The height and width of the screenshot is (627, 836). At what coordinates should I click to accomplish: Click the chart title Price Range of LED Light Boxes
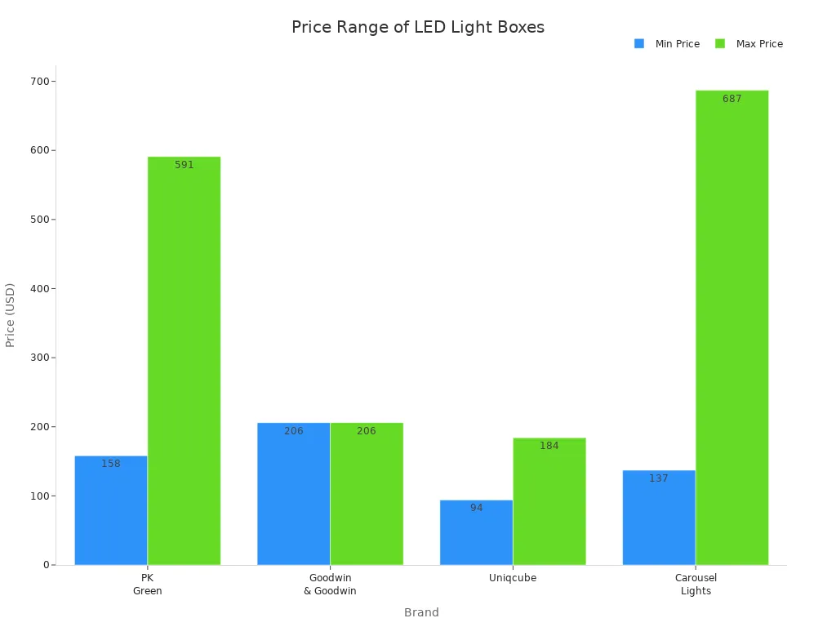418,27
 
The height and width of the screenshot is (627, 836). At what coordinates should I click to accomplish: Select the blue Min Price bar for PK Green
111,510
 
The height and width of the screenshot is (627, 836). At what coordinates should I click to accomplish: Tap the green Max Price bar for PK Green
184,360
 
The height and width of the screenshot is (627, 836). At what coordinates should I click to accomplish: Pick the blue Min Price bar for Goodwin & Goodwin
294,493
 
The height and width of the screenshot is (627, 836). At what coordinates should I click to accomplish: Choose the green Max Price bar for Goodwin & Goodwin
367,493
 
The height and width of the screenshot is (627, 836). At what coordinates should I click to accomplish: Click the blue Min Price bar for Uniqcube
476,532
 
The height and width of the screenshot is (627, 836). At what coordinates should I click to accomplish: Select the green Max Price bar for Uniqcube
549,501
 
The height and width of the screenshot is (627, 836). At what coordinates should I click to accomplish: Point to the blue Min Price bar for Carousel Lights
659,518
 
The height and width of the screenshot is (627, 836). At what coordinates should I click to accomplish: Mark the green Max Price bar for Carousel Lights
732,327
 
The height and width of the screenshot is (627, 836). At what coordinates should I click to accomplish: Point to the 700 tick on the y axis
38,82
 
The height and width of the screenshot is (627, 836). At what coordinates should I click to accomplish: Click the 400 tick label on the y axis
38,289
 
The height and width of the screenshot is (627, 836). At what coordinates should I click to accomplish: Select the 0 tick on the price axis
47,565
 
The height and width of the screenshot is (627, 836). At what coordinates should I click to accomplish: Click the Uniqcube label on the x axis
513,578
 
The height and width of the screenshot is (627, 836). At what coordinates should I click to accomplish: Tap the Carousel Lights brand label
696,585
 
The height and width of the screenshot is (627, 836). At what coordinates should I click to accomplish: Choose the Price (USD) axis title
11,315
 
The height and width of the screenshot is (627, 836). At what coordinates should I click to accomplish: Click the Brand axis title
421,612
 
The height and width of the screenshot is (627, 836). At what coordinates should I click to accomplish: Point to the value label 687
732,99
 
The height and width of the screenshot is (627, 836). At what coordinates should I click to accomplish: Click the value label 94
476,508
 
